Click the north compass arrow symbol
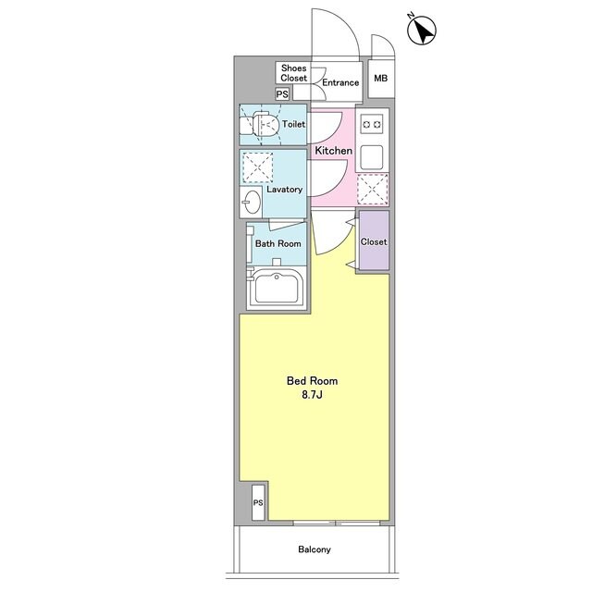tap(422, 31)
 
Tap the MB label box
tap(381, 79)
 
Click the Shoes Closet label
tap(294, 73)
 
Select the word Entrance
tap(340, 82)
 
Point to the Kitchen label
tap(334, 151)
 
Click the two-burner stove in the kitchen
tap(372, 124)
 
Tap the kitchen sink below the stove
tap(372, 157)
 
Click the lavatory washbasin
tap(251, 202)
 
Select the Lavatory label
tap(285, 189)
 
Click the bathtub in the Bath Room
tap(277, 288)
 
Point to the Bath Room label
tap(278, 243)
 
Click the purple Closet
tap(374, 240)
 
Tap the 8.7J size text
tap(312, 395)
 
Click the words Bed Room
tap(313, 380)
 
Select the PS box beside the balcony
tap(258, 503)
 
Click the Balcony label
tap(314, 549)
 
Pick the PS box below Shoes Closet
tap(282, 93)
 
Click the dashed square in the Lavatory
tap(257, 167)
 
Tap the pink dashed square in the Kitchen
tap(373, 189)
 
